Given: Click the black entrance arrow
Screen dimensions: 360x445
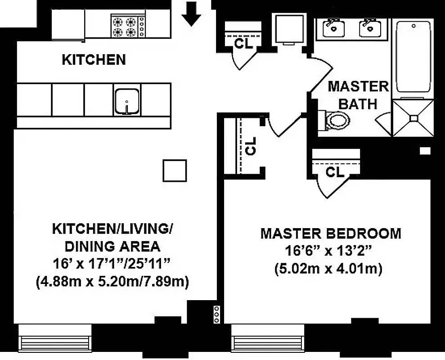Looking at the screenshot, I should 191,17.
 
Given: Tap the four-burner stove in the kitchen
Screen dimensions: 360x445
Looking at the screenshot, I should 128,26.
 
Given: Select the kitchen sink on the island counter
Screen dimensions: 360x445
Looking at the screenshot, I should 127,101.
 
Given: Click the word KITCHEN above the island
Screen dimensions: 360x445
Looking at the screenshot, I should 94,59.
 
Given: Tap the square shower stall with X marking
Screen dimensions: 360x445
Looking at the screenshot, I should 413,118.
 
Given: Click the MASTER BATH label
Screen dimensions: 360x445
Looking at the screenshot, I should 358,95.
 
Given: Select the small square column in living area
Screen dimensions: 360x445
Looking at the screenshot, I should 175,171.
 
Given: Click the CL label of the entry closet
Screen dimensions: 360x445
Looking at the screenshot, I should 244,43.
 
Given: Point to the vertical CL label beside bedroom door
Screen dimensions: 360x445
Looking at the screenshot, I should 251,145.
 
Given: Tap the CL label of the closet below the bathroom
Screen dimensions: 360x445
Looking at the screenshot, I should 335,172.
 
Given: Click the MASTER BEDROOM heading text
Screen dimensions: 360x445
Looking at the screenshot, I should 331,234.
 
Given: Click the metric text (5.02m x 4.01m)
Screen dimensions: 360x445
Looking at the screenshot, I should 331,269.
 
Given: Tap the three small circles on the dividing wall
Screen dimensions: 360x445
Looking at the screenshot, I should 217,314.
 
